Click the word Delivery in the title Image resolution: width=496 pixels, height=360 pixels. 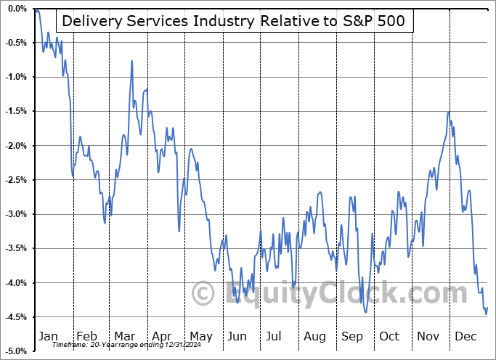tap(89, 21)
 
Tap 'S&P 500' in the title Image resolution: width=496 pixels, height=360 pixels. tap(374, 21)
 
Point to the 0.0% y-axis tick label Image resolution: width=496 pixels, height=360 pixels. tap(16, 9)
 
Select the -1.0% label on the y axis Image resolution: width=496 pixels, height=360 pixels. tap(16, 77)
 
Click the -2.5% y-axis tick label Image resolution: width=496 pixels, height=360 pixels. tap(16, 180)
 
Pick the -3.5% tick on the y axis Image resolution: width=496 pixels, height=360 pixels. tap(16, 248)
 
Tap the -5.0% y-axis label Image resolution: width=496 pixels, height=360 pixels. tap(16, 351)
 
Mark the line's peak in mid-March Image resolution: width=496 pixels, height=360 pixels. tap(132, 61)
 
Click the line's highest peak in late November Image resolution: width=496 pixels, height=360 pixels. tap(449, 112)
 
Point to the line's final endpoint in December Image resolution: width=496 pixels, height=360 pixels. tap(487, 308)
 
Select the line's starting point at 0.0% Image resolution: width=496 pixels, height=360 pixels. tap(35, 9)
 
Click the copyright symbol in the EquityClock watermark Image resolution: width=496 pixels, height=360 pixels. tap(203, 294)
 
